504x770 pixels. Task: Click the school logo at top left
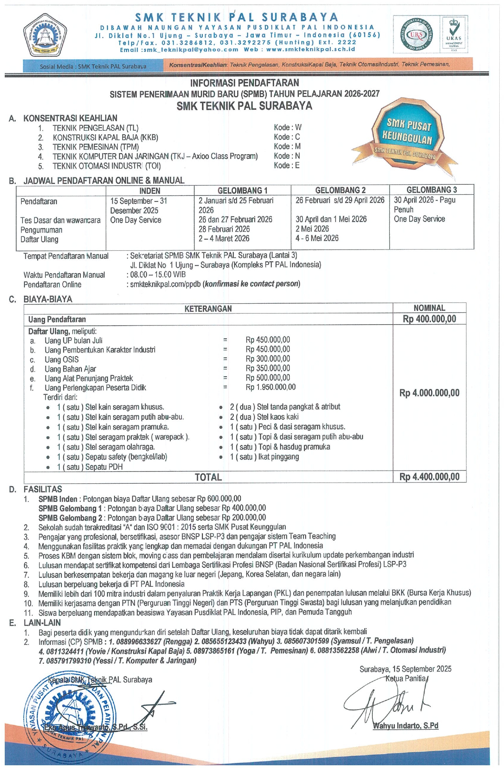click(x=44, y=35)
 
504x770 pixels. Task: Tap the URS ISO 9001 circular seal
click(x=415, y=35)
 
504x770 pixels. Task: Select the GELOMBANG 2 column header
click(x=340, y=190)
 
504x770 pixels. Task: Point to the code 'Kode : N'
click(x=287, y=156)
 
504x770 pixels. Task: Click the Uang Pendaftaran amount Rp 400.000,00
click(x=429, y=319)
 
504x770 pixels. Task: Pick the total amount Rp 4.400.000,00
click(x=429, y=477)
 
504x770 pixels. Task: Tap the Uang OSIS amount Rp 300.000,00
click(x=268, y=359)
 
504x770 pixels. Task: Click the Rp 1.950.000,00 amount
click(x=270, y=387)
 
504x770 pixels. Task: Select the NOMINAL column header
click(x=429, y=308)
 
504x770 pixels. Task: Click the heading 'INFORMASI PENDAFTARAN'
click(x=245, y=83)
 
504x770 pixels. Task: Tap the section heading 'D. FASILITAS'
click(x=42, y=489)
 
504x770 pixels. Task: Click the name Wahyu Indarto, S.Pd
click(x=406, y=726)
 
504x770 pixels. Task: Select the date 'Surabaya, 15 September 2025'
click(x=405, y=669)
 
